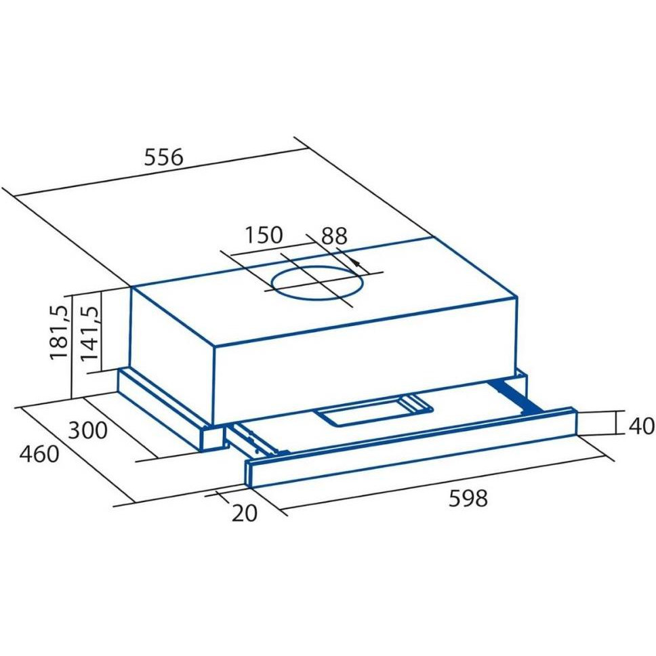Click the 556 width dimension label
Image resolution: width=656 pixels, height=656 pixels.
click(163, 157)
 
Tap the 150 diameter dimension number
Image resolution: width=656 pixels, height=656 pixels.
click(264, 235)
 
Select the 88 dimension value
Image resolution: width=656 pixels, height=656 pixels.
click(334, 236)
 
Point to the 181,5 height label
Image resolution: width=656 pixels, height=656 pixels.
click(58, 332)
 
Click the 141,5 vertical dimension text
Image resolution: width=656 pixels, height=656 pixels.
click(89, 333)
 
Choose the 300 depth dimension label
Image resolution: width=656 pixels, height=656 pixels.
click(87, 430)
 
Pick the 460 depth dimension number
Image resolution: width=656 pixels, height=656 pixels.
click(39, 454)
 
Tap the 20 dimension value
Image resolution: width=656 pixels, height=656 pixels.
click(245, 513)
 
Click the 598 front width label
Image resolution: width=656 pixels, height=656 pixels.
click(468, 498)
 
